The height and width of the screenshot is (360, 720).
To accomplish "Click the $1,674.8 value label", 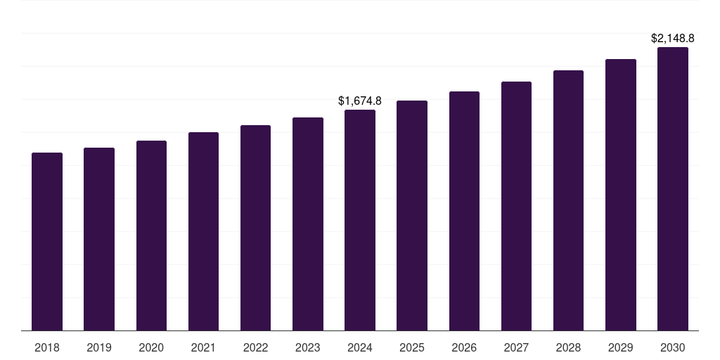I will (360, 101).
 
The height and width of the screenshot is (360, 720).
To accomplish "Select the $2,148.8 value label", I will (673, 38).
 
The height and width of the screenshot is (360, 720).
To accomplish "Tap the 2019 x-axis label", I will (99, 347).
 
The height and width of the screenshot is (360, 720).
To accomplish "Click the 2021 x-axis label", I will (203, 347).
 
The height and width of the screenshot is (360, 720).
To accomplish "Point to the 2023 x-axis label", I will (308, 347).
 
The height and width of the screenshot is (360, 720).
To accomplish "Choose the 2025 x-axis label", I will (412, 347).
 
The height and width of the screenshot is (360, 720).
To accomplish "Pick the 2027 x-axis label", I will (516, 347).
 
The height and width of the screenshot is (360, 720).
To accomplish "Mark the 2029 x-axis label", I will (620, 347).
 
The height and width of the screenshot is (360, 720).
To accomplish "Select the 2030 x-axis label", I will (673, 347).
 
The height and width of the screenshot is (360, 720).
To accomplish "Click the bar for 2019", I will (99, 239).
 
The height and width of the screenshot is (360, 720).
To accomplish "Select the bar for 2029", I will (620, 195).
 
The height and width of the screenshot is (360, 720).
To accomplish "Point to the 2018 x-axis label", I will (47, 347).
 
